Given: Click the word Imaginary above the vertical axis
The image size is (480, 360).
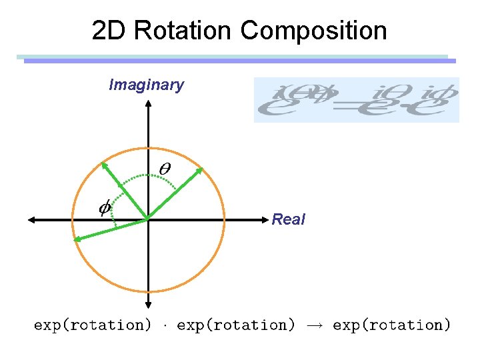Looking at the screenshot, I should coord(146,85).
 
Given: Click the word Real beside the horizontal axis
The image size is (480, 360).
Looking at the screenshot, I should coord(288,219).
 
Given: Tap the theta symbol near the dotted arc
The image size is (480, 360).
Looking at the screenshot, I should coord(163,170).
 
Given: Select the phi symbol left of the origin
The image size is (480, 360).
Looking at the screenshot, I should coord(105,208).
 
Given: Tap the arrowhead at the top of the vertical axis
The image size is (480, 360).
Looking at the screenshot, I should coord(147,104).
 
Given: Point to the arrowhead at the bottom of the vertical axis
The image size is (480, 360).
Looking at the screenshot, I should coord(147,307).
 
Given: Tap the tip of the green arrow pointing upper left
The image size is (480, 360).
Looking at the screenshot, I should coord(103,163).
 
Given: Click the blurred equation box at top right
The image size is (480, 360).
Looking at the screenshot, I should coord(356,100).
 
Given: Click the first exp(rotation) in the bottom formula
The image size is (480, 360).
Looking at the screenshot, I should coord(93,325).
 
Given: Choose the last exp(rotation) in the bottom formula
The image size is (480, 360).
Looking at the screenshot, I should coord(391,325).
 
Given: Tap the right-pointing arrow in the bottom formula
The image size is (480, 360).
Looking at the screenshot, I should coord(314,325).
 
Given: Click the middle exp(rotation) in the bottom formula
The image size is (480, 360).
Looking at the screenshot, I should coord(236,325).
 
